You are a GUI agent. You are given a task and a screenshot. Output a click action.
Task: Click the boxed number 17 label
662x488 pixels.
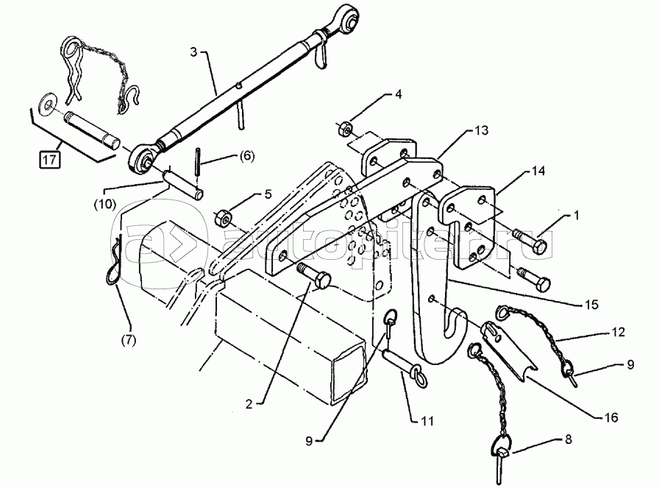click(x=49, y=160)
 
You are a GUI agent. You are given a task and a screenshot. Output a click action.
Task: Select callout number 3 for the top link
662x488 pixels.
click(x=193, y=52)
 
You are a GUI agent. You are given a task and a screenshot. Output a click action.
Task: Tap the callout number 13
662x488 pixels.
click(x=481, y=130)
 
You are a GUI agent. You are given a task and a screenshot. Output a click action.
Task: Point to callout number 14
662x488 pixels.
click(x=538, y=171)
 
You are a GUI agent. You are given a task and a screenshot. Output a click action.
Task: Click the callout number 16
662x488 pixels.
click(x=611, y=417)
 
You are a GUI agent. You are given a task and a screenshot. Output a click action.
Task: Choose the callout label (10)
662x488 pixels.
click(x=105, y=204)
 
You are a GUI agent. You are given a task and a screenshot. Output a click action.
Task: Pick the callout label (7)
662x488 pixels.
click(x=129, y=339)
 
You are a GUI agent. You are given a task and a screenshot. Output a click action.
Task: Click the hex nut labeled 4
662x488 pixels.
click(x=344, y=127)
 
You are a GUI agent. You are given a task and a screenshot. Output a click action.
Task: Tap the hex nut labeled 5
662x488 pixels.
click(x=221, y=218)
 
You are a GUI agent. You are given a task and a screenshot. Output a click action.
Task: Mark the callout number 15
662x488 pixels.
click(x=592, y=304)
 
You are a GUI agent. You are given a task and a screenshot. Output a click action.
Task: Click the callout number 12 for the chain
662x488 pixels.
click(x=618, y=332)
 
